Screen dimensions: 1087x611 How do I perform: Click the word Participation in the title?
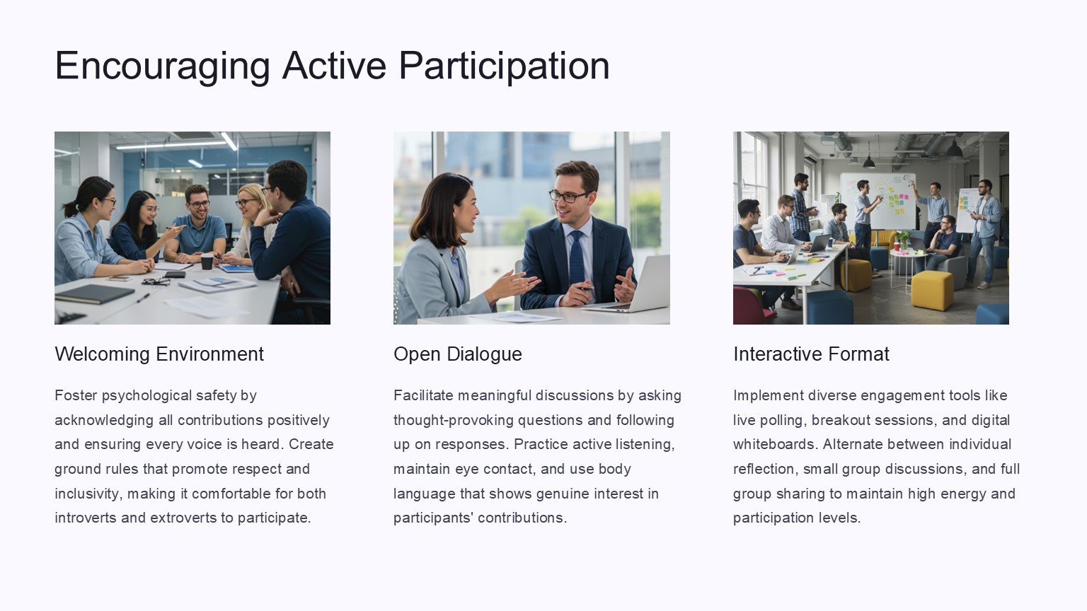click(504, 66)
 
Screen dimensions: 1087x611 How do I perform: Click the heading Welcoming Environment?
click(159, 354)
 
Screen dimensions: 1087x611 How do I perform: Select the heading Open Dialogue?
click(458, 354)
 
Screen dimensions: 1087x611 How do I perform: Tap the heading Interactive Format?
click(811, 354)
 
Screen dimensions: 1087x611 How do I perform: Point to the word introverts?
click(86, 518)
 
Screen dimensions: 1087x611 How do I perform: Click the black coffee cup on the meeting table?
click(207, 261)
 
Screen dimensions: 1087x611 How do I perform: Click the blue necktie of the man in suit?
click(577, 257)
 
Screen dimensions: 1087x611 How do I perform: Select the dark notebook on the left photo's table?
click(95, 294)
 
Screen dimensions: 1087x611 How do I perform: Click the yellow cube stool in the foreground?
click(932, 290)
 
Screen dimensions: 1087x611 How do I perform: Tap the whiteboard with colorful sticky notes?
click(878, 201)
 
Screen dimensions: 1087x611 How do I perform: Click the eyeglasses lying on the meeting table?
click(156, 281)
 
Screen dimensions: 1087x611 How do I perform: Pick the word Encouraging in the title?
click(163, 66)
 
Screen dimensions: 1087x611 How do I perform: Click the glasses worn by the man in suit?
click(568, 196)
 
